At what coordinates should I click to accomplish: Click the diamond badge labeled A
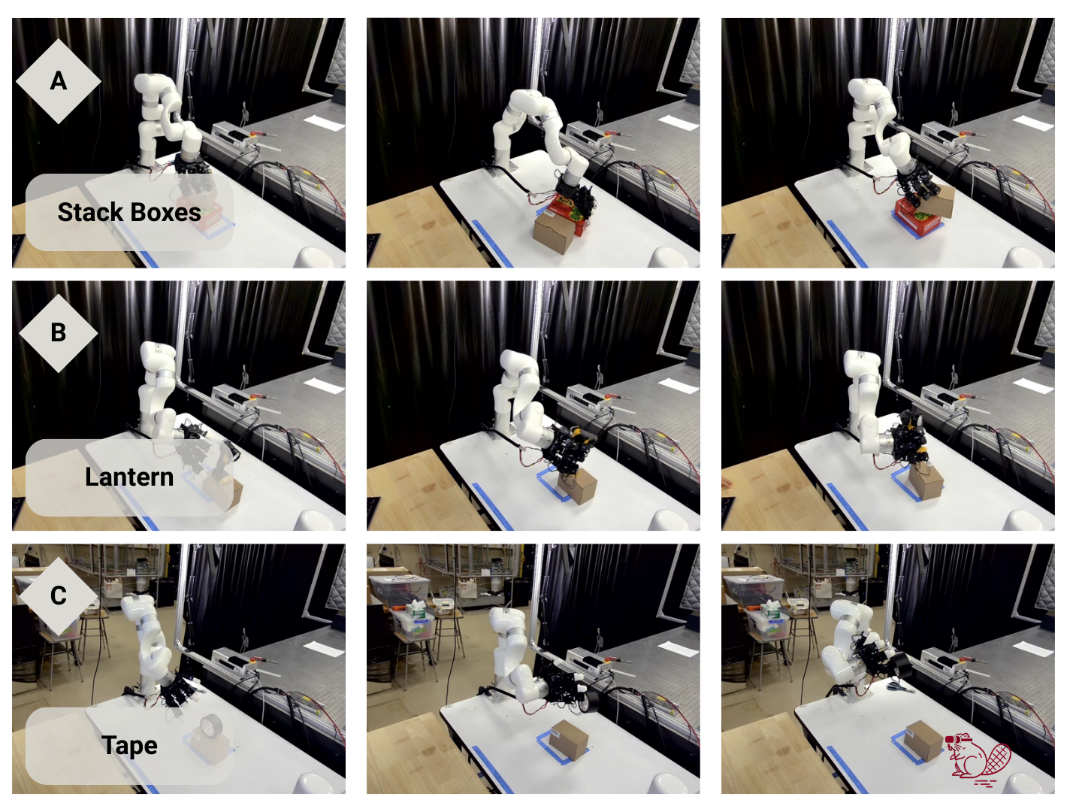pyautogui.click(x=59, y=81)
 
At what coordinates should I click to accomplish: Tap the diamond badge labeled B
pyautogui.click(x=59, y=333)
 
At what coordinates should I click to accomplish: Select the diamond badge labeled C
pyautogui.click(x=59, y=596)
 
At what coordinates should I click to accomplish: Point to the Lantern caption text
pyautogui.click(x=129, y=477)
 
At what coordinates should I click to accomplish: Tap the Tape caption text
pyautogui.click(x=129, y=745)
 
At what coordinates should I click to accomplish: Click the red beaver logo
pyautogui.click(x=978, y=760)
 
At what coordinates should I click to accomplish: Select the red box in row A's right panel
pyautogui.click(x=917, y=218)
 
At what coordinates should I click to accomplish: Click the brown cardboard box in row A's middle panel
pyautogui.click(x=554, y=232)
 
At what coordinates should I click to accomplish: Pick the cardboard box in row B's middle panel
pyautogui.click(x=577, y=486)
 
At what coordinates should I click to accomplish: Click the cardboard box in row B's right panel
pyautogui.click(x=926, y=481)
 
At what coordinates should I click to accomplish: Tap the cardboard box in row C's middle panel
pyautogui.click(x=570, y=740)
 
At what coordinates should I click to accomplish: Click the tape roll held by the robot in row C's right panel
pyautogui.click(x=901, y=665)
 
